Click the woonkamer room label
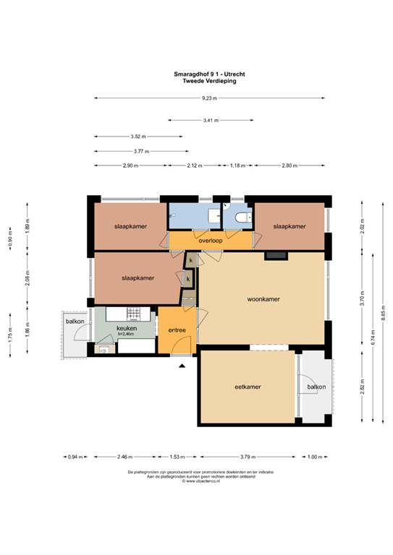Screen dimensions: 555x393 (263, 298)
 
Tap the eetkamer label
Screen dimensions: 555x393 (248, 387)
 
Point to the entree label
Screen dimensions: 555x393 (177, 330)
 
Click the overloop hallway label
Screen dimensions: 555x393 (209, 240)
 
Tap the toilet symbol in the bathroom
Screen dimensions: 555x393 (242, 216)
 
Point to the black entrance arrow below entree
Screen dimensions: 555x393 (181, 366)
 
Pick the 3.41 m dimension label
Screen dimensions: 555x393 (210, 120)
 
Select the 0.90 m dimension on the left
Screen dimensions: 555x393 (10, 244)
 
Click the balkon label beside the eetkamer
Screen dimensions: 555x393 (316, 387)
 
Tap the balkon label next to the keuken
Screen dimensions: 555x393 (75, 322)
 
